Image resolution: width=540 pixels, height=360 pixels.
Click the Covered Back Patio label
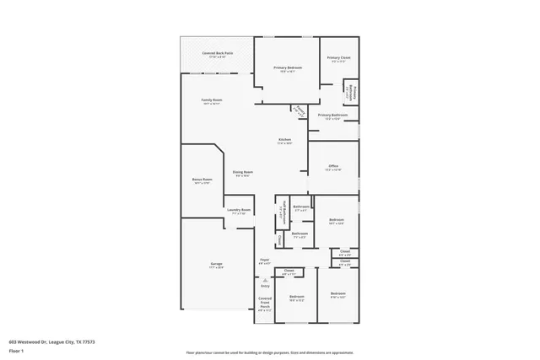click(x=218, y=53)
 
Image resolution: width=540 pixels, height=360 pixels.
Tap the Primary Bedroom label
click(x=288, y=67)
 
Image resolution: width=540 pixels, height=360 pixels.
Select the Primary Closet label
click(x=337, y=58)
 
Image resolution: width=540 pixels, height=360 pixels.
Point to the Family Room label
click(x=211, y=100)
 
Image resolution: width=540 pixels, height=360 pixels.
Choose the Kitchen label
click(x=285, y=140)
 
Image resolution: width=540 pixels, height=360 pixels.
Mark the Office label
click(x=333, y=166)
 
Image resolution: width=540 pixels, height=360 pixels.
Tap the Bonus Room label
click(x=202, y=180)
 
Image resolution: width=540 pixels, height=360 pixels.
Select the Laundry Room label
click(x=239, y=210)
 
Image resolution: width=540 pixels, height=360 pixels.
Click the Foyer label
click(x=264, y=261)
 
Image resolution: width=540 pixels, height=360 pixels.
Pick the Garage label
click(x=217, y=265)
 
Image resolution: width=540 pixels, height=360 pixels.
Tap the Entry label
click(x=265, y=286)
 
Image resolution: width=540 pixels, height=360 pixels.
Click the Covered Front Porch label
click(x=265, y=304)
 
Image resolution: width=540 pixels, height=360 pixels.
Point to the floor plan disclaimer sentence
click(x=269, y=352)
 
